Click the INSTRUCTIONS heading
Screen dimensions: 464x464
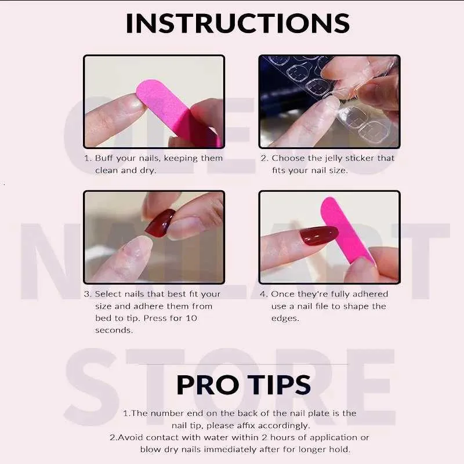point(238,23)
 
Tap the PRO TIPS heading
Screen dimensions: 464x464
point(243,385)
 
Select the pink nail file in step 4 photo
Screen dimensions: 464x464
point(346,231)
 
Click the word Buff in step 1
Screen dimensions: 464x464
point(104,158)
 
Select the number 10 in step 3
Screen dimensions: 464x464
point(191,318)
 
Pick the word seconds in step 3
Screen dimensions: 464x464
point(114,330)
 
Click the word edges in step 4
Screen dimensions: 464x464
point(285,318)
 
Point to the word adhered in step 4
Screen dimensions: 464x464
point(370,294)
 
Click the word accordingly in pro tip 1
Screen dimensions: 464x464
point(284,426)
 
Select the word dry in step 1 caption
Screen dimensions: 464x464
point(147,171)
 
